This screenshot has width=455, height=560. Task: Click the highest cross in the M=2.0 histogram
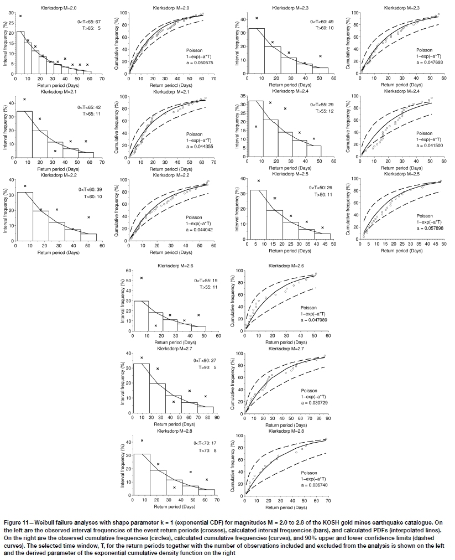(x=20, y=16)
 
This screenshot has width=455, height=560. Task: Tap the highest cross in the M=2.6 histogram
(x=142, y=278)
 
